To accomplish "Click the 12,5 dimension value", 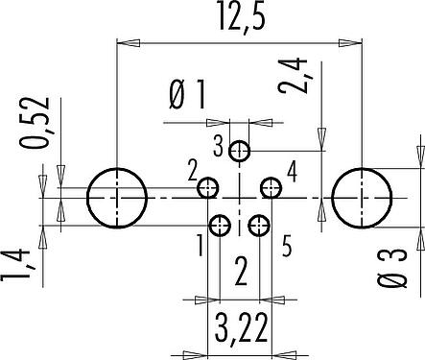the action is (x=242, y=16).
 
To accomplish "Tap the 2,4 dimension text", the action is (x=293, y=76).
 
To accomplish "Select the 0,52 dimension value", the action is (x=35, y=123).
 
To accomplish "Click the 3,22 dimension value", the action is (x=242, y=327).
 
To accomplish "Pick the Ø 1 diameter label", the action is (x=187, y=95).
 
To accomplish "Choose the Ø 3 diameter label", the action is (x=391, y=268).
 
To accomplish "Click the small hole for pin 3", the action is (x=239, y=151).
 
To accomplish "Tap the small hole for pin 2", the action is (x=208, y=187).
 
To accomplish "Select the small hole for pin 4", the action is (x=272, y=187).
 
